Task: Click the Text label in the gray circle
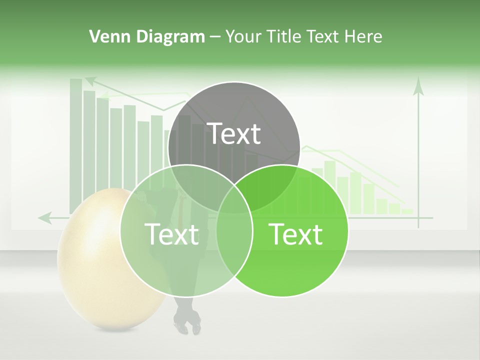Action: point(234,133)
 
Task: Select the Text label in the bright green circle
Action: point(295,234)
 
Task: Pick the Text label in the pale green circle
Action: point(171,234)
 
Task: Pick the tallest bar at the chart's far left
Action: point(76,145)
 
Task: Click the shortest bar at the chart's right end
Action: point(407,211)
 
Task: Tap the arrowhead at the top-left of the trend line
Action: point(90,79)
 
